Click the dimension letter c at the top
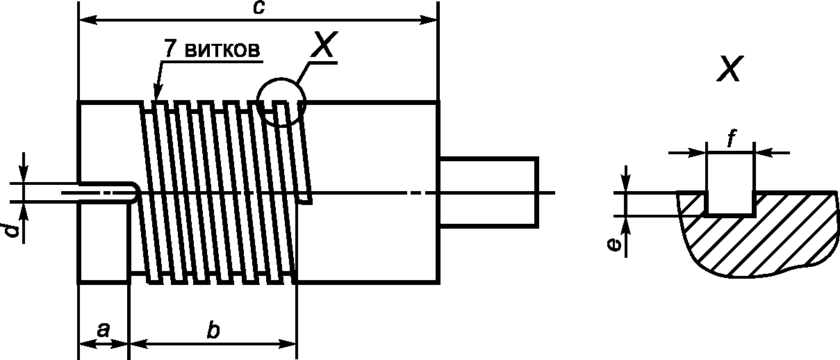pyautogui.click(x=259, y=7)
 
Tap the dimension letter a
pyautogui.click(x=104, y=331)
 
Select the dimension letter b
pyautogui.click(x=213, y=329)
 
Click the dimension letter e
pyautogui.click(x=614, y=245)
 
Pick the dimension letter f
pyautogui.click(x=730, y=138)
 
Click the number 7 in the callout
pyautogui.click(x=171, y=49)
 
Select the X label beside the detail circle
pyautogui.click(x=324, y=44)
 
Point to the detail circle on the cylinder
pyautogui.click(x=281, y=79)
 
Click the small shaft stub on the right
pyautogui.click(x=488, y=193)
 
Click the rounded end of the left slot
pyautogui.click(x=135, y=193)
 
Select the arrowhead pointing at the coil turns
pyautogui.click(x=157, y=92)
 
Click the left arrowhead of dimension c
pyautogui.click(x=88, y=20)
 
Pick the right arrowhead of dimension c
pyautogui.click(x=429, y=20)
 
